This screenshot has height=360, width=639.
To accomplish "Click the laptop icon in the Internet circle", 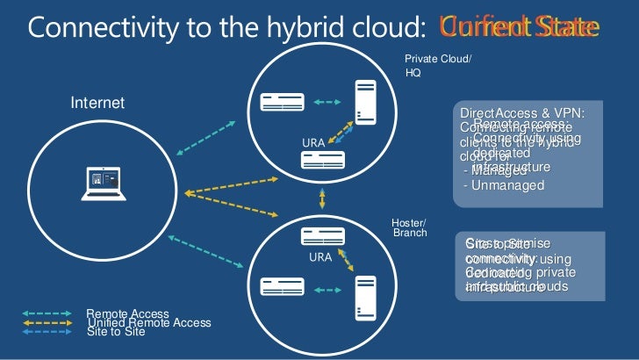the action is (104, 182).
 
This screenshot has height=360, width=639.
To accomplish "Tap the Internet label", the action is (97, 104).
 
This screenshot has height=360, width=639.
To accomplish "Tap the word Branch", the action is (409, 233).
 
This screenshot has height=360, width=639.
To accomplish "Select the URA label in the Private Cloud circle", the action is (313, 142).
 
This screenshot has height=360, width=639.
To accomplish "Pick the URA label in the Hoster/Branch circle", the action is (319, 258).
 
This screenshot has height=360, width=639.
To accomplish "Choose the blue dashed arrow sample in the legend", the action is (46, 332).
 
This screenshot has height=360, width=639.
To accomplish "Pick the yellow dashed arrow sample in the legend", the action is (46, 322).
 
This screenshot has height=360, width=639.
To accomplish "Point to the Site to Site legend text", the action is (115, 332).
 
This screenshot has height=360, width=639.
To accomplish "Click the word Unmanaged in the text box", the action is (508, 185).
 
